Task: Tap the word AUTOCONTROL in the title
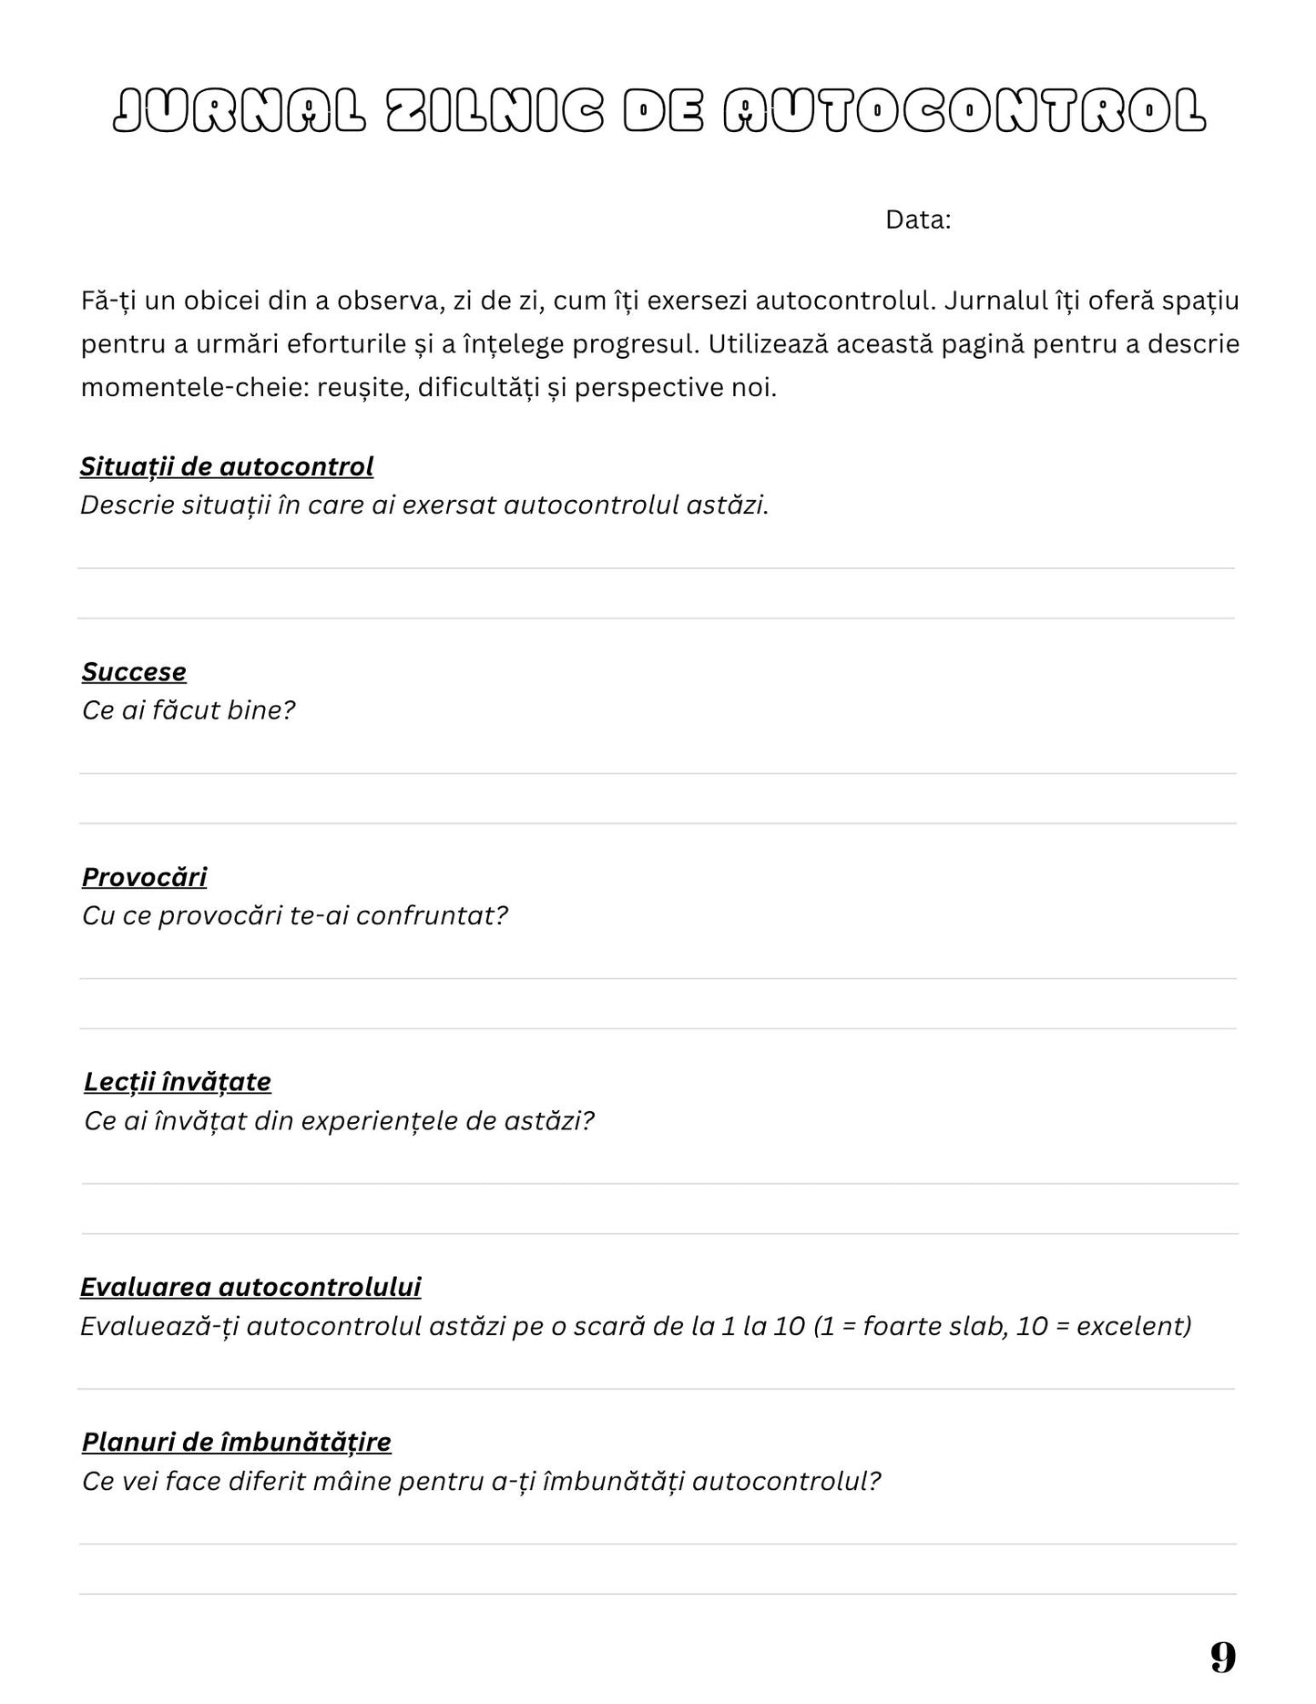coord(964,112)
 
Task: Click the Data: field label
coord(918,220)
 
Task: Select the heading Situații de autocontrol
coord(227,466)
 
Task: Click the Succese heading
coord(134,672)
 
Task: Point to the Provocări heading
coord(144,877)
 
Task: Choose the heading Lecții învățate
coord(178,1082)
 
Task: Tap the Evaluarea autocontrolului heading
coord(250,1287)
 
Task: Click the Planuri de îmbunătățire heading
coord(237,1443)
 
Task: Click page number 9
coord(1223,1657)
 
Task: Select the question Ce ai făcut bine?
coord(189,710)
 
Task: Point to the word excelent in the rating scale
coord(1134,1326)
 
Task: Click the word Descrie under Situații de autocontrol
coord(127,505)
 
